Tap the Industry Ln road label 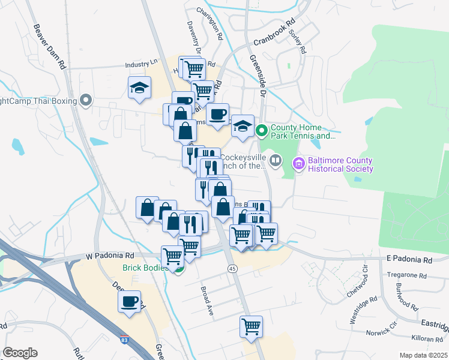click(141, 63)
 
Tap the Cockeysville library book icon click(275, 160)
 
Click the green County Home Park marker click(262, 130)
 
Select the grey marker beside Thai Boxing click(86, 100)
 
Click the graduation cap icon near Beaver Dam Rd click(139, 88)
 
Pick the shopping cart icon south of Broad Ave click(251, 327)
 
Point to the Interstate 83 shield click(124, 340)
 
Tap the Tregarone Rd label click(409, 276)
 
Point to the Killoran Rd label click(427, 339)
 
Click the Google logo click(20, 353)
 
